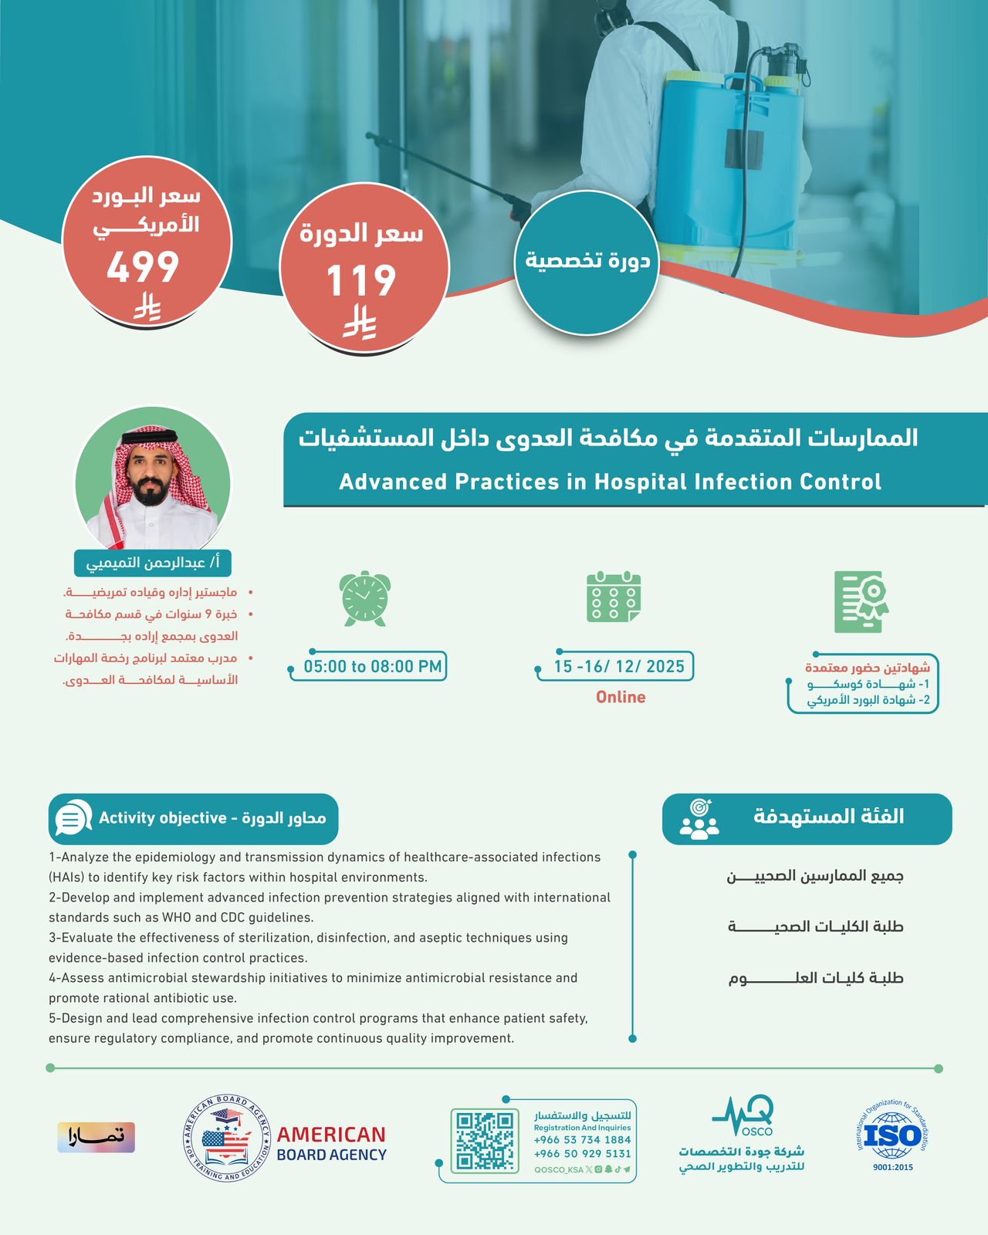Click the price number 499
[143, 268]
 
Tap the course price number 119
[360, 280]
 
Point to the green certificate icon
[861, 602]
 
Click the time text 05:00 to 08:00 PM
[372, 667]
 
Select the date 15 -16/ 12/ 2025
[619, 667]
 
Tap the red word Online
[621, 697]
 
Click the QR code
[485, 1140]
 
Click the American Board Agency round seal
[227, 1139]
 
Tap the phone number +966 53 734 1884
[582, 1140]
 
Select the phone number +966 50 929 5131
[582, 1154]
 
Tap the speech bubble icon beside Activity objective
[73, 818]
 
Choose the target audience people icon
[699, 819]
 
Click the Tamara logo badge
[96, 1137]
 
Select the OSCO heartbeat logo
[743, 1118]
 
